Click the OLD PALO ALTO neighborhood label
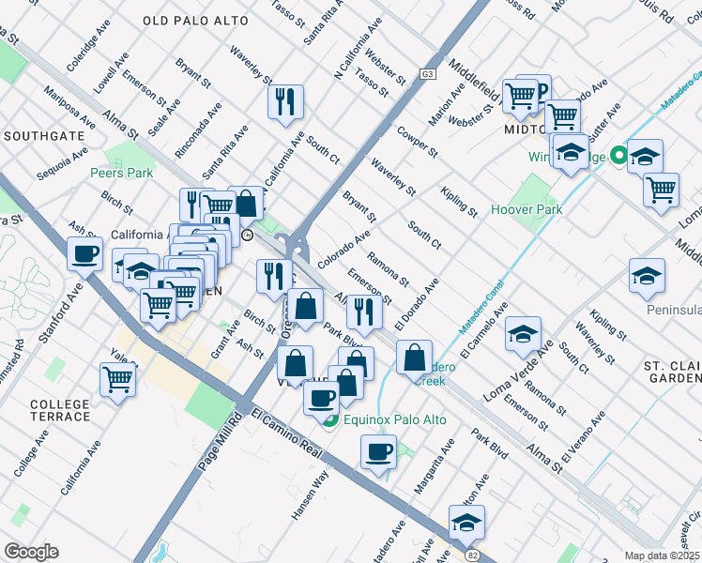click(x=195, y=21)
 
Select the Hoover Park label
click(x=526, y=209)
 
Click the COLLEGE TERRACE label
click(x=59, y=411)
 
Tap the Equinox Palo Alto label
click(x=386, y=418)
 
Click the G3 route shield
click(x=429, y=73)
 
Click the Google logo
click(x=31, y=552)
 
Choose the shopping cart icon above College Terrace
click(x=118, y=379)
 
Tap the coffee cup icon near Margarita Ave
click(x=378, y=450)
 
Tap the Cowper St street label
click(x=416, y=139)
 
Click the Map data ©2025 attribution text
click(x=663, y=555)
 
